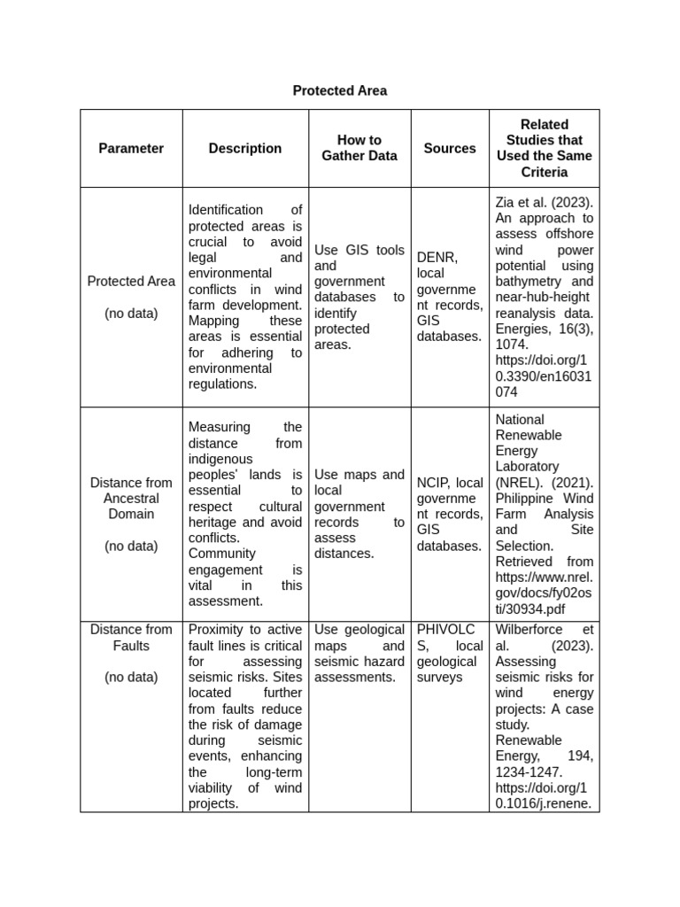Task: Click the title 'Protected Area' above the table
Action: (339, 90)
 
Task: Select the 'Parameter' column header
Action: (131, 148)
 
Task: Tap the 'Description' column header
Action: (245, 148)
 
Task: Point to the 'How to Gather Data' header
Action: (359, 148)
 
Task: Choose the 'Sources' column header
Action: (450, 148)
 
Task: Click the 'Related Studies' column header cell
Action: (544, 148)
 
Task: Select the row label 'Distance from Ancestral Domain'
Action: (131, 498)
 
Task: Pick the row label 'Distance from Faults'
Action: (131, 638)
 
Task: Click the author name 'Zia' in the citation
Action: (506, 202)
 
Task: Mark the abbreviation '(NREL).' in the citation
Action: (517, 482)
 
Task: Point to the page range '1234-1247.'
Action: (529, 772)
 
